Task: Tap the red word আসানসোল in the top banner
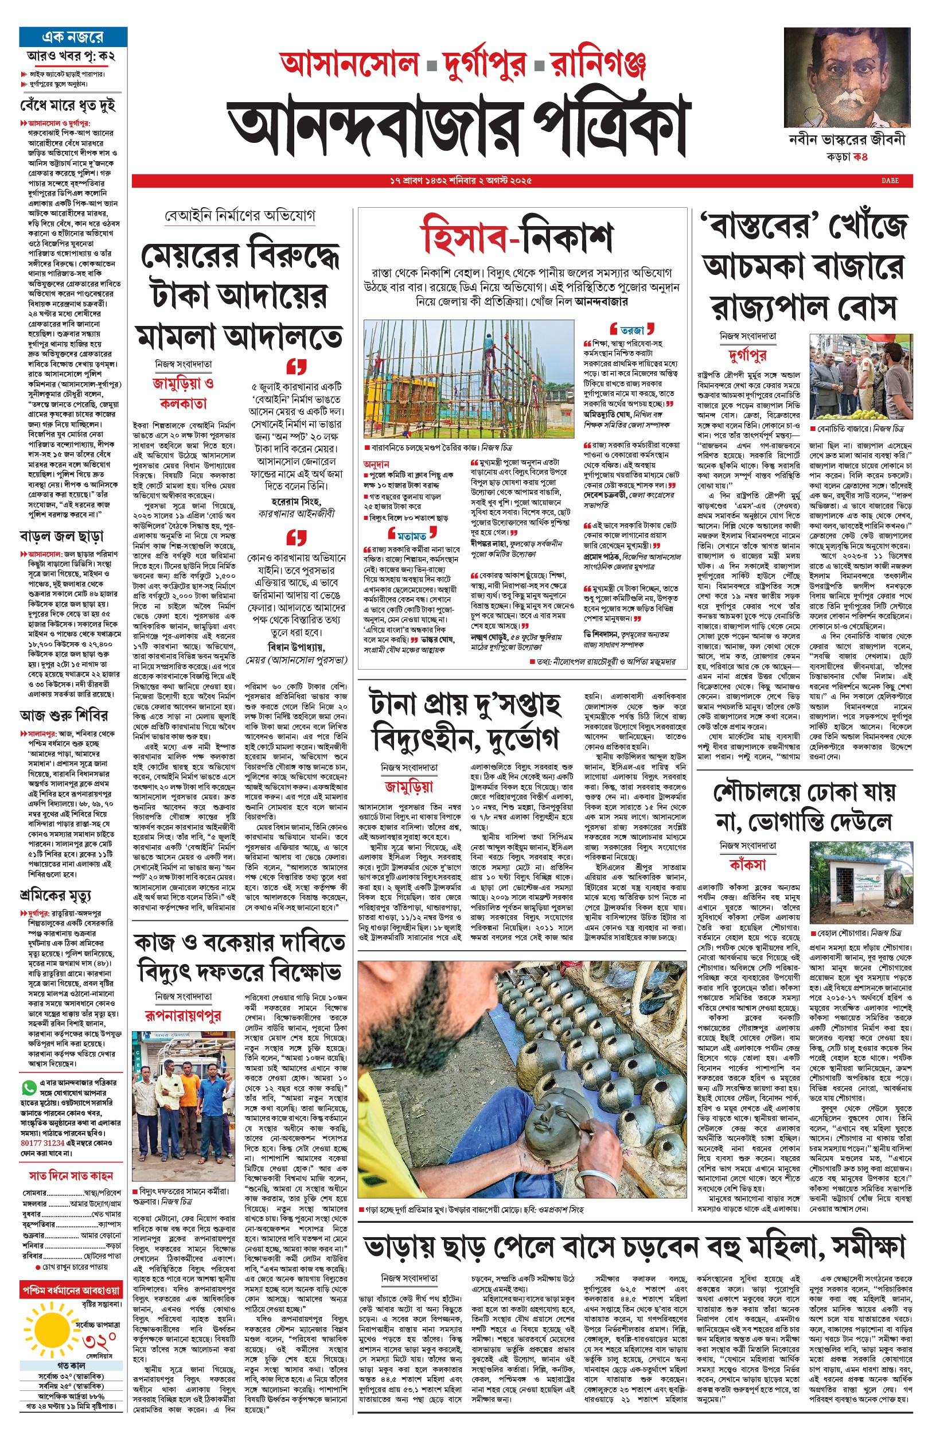(x=350, y=64)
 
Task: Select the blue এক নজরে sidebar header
(x=73, y=37)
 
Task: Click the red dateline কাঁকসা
(x=747, y=865)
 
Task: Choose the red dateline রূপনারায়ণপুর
(x=183, y=1015)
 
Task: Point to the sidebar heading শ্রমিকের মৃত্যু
(x=55, y=895)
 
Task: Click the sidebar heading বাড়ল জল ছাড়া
(x=61, y=536)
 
